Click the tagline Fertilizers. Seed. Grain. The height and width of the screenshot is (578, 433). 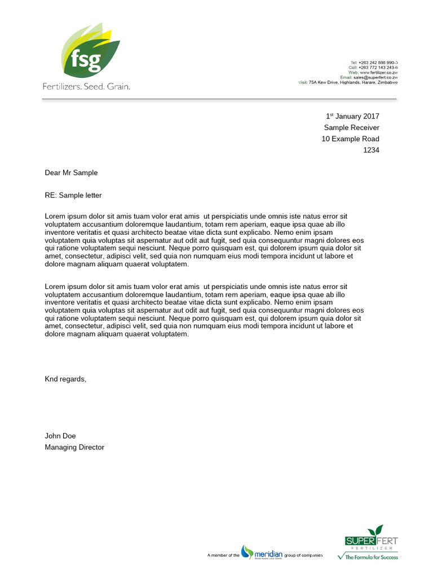click(86, 87)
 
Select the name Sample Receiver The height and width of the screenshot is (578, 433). click(351, 128)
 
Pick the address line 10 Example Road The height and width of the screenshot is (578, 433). click(350, 139)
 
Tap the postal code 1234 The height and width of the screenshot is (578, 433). click(371, 150)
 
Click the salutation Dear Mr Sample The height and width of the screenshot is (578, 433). click(71, 173)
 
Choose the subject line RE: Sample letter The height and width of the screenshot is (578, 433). click(73, 195)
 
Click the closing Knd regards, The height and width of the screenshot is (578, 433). click(65, 379)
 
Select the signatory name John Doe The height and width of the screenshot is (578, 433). click(60, 436)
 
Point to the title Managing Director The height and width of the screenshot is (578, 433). click(74, 447)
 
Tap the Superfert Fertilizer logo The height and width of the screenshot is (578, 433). click(371, 539)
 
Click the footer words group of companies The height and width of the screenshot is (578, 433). click(303, 556)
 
